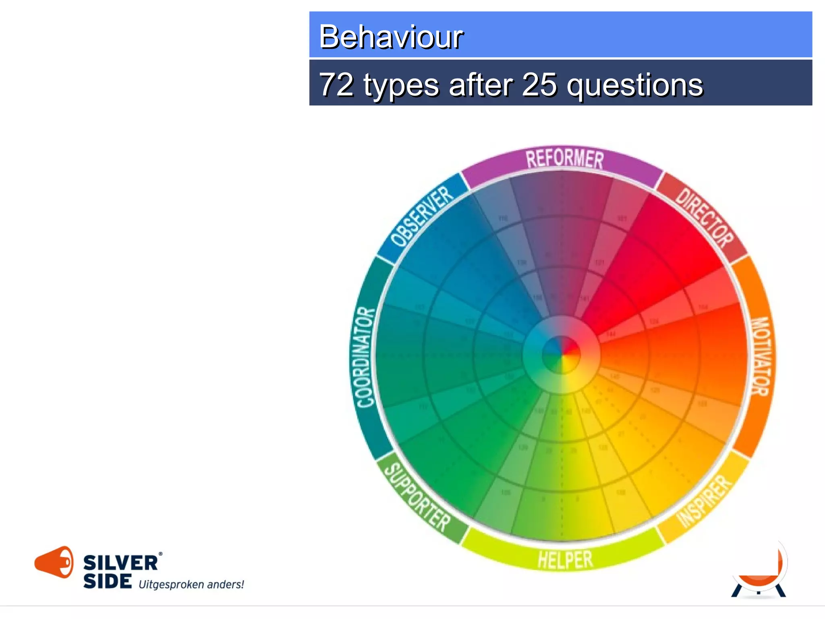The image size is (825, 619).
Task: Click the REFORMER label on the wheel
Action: tap(564, 158)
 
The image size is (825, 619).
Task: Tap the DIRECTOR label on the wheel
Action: tap(704, 218)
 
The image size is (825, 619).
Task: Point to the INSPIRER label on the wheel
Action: tap(704, 501)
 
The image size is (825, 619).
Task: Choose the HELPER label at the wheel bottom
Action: tap(565, 560)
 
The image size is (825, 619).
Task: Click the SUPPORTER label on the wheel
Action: tap(417, 497)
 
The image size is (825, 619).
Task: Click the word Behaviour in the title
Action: tap(391, 37)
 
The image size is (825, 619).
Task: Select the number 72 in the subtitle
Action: tap(336, 85)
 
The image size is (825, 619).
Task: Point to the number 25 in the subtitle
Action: tap(540, 85)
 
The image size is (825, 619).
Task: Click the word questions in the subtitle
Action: tap(635, 85)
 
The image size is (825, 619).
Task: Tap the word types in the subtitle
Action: tap(401, 85)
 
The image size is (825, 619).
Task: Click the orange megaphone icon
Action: tap(54, 562)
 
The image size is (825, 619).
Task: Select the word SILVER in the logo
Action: tap(120, 563)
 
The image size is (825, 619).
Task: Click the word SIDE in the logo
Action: tap(108, 581)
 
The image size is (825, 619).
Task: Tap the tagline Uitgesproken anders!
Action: tap(191, 584)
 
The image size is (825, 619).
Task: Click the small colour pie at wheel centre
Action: tap(561, 355)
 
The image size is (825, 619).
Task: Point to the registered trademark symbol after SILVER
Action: tap(160, 555)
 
